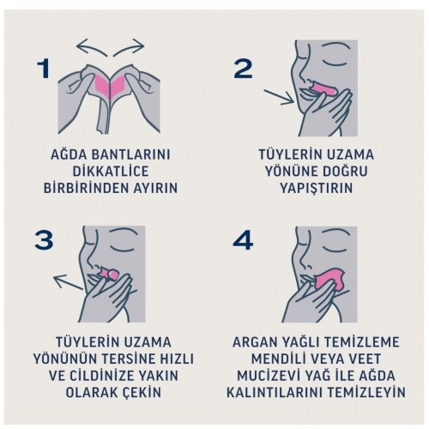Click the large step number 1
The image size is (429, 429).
[x=44, y=69]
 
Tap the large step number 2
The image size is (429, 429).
[x=243, y=69]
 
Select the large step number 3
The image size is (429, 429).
[x=44, y=240]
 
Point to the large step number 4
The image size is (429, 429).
[x=243, y=240]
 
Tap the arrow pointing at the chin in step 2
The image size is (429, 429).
[x=279, y=97]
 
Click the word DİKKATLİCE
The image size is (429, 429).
[x=111, y=172]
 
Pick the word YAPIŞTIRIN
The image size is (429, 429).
[x=316, y=188]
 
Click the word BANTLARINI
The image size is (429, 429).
[x=130, y=154]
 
